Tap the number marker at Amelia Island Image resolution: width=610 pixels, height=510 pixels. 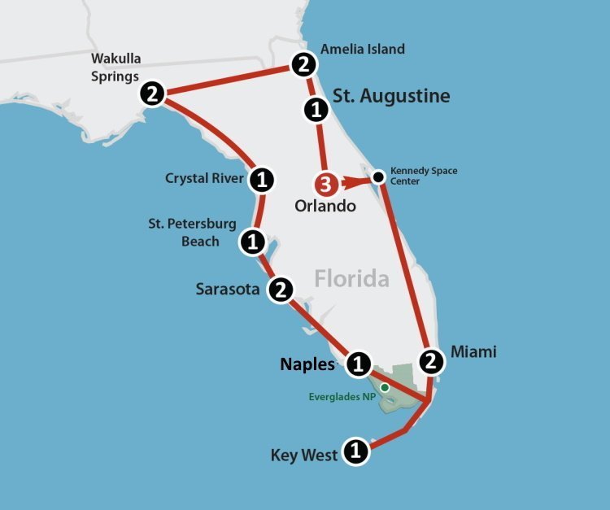pos(303,63)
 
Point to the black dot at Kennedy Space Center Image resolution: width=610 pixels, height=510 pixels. pos(378,176)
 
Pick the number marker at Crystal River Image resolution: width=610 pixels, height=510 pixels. pos(261,179)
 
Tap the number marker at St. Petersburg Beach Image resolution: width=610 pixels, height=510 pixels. pos(252,241)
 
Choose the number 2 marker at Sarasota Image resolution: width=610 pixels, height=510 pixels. pos(280,290)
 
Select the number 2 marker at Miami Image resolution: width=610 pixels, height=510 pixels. pos(432,359)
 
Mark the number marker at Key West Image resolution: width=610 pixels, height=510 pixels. pos(355,450)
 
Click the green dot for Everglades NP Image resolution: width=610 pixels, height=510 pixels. pos(385,387)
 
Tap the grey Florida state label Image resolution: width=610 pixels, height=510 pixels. pos(351,279)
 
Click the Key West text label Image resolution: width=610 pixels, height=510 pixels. pos(303,455)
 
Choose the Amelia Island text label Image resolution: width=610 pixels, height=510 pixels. pos(363,50)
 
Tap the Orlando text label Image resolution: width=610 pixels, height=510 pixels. pos(325,206)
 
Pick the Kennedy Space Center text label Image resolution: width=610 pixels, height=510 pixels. pos(424,176)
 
